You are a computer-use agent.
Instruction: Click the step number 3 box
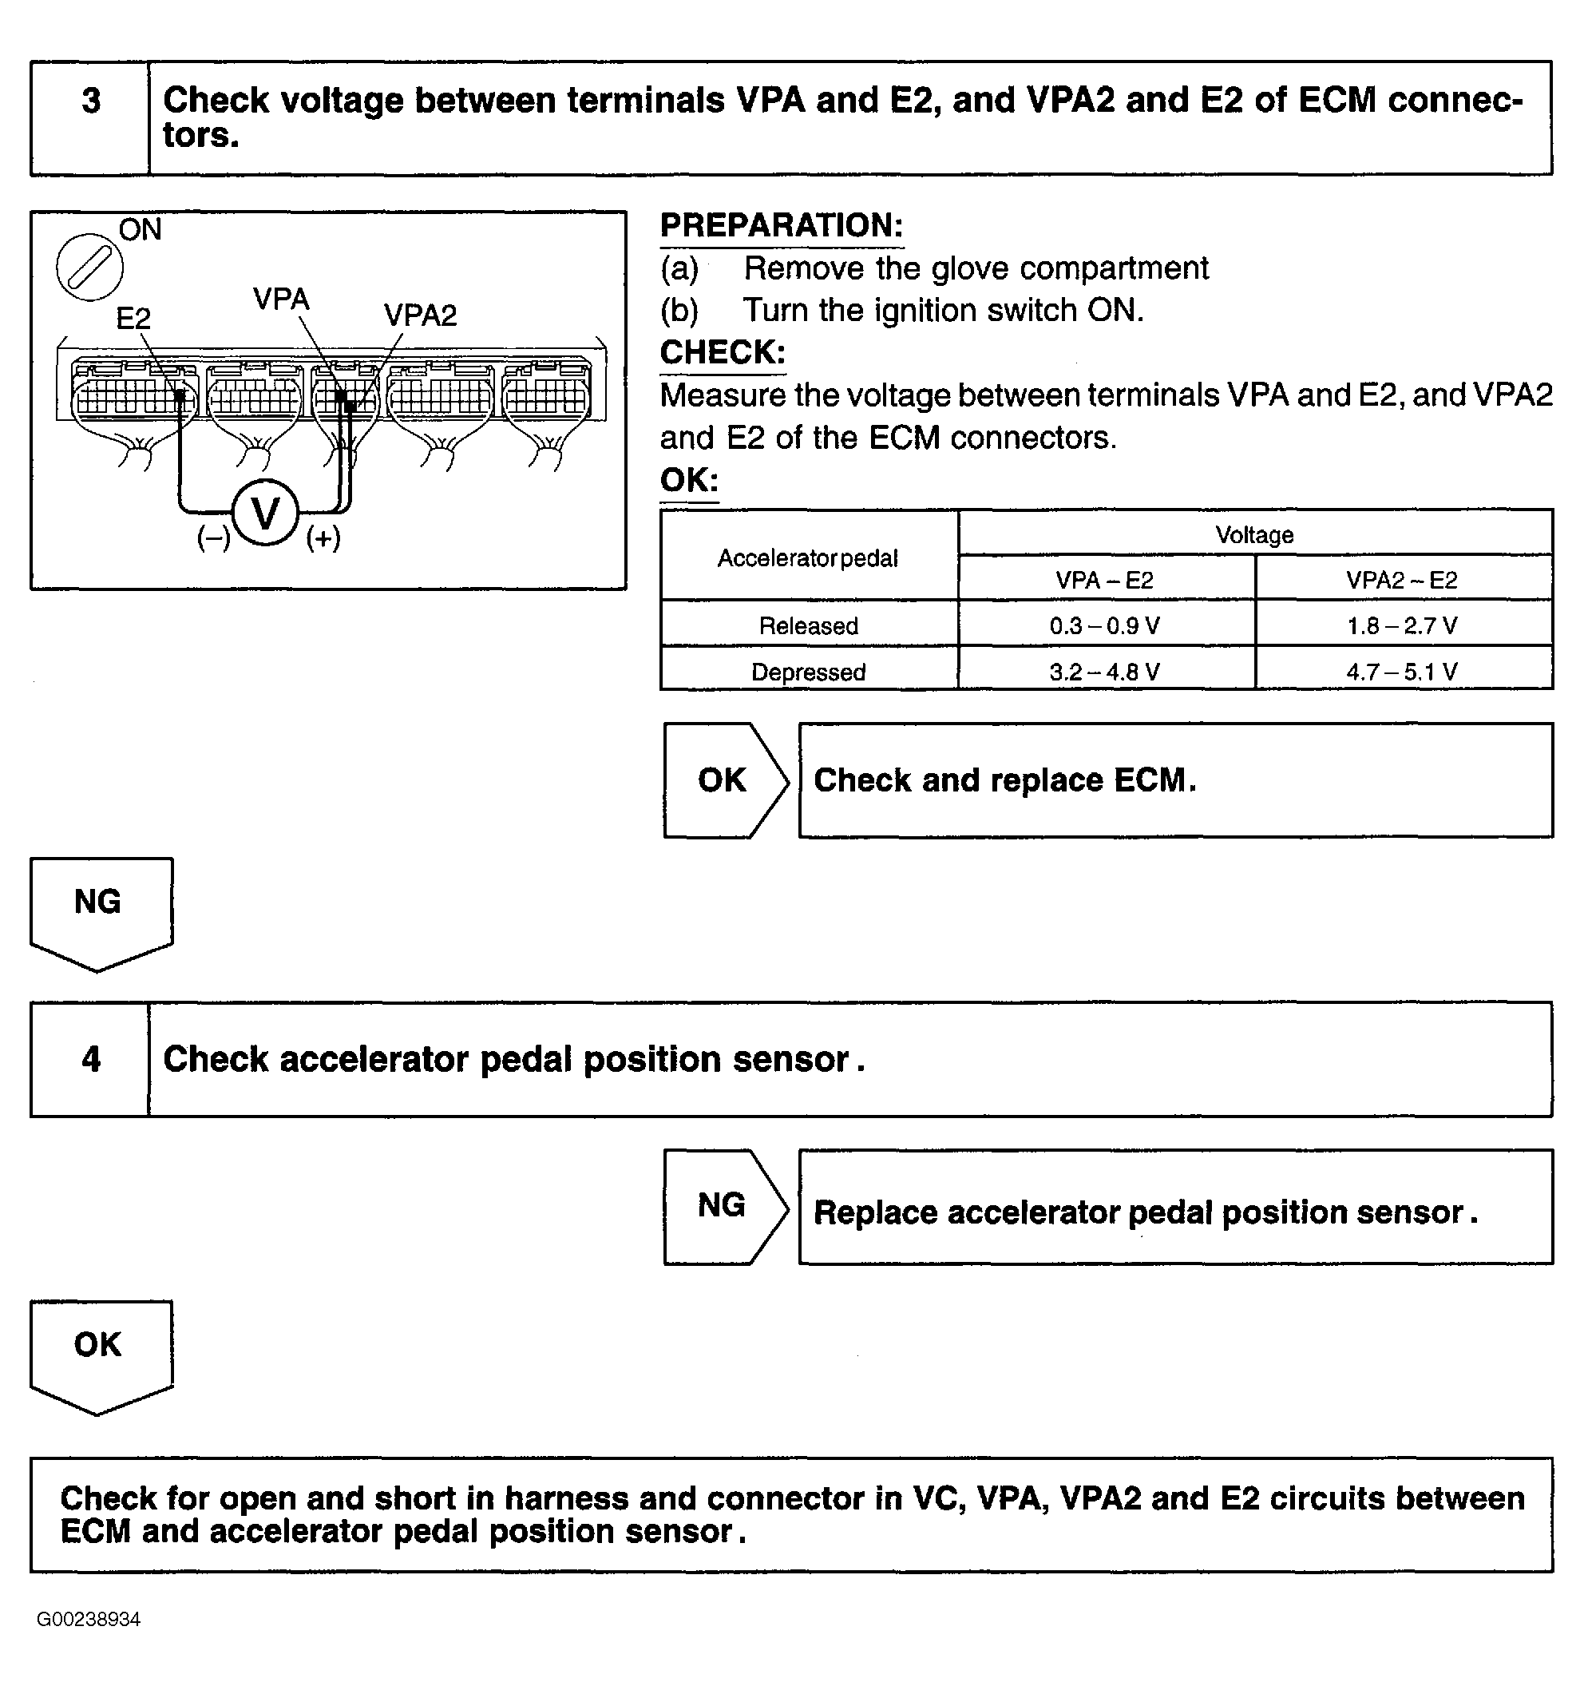90,118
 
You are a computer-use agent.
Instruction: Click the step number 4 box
90,1059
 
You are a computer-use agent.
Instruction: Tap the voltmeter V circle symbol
265,513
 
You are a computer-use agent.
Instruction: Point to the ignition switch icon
90,267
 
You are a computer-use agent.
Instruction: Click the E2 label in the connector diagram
133,319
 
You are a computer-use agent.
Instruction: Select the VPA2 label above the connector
420,315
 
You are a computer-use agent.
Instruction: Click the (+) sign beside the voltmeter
323,538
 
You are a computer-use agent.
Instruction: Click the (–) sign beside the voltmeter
214,538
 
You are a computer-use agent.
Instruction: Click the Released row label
809,626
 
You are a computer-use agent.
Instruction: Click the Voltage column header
1255,535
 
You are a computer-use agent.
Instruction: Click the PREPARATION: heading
782,225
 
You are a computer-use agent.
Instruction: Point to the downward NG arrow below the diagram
101,914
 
